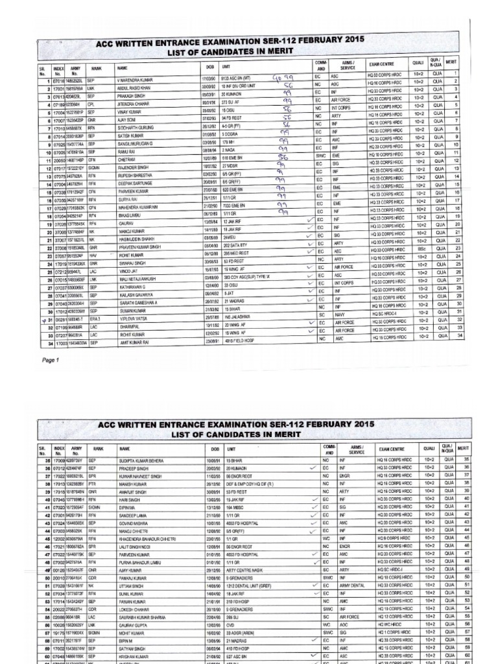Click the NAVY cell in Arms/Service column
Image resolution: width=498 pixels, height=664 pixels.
(340, 314)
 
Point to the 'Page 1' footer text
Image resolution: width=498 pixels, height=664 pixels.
(51, 360)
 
